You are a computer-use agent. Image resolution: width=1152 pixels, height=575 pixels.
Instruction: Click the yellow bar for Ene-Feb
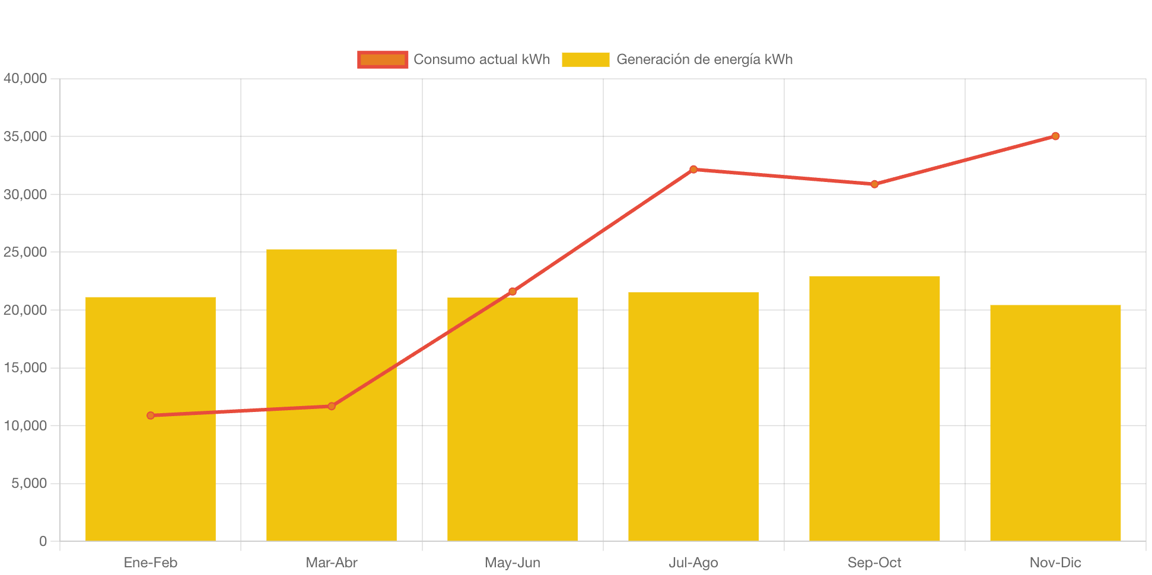[x=151, y=474]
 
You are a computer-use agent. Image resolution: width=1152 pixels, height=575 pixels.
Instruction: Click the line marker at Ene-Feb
[x=151, y=416]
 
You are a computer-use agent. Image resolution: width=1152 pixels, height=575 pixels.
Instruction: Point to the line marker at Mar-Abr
[x=332, y=406]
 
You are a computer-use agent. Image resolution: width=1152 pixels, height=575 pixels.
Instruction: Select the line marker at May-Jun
[x=513, y=292]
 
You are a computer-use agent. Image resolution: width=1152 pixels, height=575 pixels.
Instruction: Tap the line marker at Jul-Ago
[x=693, y=170]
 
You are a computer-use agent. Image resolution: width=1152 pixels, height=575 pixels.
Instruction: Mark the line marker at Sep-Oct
[x=874, y=184]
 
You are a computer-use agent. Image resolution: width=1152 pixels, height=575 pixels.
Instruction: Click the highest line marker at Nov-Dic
[x=1055, y=136]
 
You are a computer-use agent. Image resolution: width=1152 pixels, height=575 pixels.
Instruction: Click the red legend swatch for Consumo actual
[x=383, y=59]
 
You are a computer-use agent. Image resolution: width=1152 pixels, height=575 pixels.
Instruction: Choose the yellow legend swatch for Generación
[x=585, y=59]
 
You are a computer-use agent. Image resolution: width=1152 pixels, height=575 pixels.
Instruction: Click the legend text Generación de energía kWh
[x=704, y=59]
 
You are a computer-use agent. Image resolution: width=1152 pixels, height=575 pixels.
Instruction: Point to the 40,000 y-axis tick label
[x=26, y=78]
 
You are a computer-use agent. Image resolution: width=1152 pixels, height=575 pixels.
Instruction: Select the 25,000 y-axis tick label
[x=26, y=252]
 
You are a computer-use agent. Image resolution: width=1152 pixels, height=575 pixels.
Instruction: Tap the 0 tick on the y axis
[x=43, y=541]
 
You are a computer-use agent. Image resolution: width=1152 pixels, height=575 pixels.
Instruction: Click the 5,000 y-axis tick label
[x=29, y=483]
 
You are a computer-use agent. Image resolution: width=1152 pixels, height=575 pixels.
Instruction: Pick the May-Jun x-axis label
[x=513, y=563]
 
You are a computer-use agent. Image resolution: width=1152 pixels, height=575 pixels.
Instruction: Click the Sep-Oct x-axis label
[x=874, y=563]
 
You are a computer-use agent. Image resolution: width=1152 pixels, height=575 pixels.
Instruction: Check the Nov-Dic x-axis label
[x=1055, y=563]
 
